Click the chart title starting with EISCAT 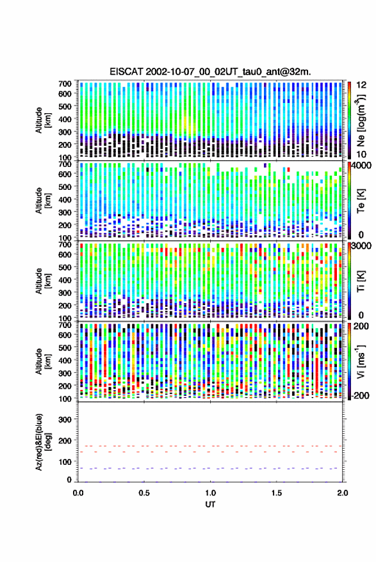coord(211,72)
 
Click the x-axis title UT coord(210,504)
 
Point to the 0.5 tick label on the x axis coord(144,493)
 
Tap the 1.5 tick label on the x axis coord(276,493)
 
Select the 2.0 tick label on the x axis coord(342,493)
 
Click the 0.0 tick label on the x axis coord(78,493)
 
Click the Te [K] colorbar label coord(361,201)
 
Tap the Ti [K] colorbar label coord(361,281)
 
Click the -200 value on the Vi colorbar coord(361,396)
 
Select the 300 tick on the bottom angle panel coord(65,419)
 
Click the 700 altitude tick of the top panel coord(65,84)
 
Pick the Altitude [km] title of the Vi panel coord(42,361)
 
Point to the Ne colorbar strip coord(349,120)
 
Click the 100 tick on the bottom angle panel coord(65,462)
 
